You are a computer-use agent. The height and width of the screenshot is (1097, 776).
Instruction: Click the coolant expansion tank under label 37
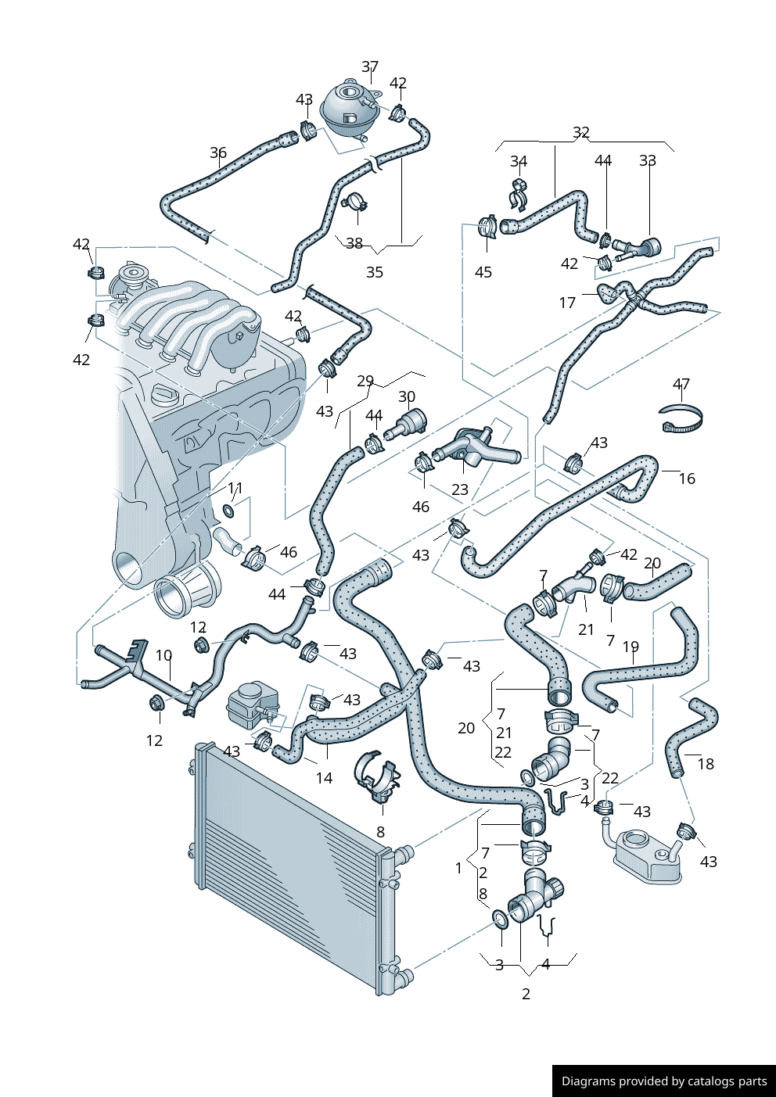pyautogui.click(x=349, y=111)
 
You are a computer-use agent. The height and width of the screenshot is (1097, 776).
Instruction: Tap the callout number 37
pyautogui.click(x=370, y=66)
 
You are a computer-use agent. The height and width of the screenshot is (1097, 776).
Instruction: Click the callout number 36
pyautogui.click(x=218, y=152)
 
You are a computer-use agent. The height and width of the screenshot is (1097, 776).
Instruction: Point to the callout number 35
pyautogui.click(x=375, y=272)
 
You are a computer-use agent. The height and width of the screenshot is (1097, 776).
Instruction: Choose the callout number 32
pyautogui.click(x=581, y=132)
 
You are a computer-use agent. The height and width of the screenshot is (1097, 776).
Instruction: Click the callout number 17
pyautogui.click(x=567, y=303)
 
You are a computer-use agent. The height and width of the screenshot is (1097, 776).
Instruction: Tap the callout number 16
pyautogui.click(x=687, y=479)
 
